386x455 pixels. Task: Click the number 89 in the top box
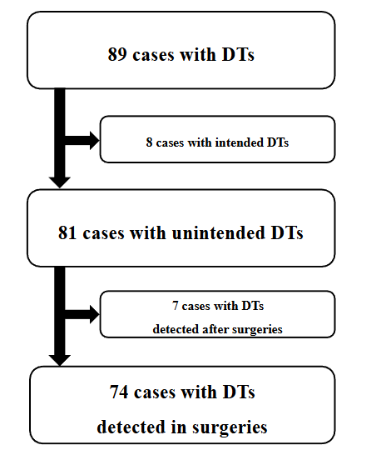(x=117, y=55)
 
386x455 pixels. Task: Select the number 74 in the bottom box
(x=119, y=392)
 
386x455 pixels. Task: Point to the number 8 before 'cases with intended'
(x=149, y=142)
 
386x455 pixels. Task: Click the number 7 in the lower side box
(x=176, y=306)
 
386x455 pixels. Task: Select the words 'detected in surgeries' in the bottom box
(x=181, y=427)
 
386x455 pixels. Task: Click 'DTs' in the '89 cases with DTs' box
(x=237, y=55)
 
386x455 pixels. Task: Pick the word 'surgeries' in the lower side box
(x=258, y=329)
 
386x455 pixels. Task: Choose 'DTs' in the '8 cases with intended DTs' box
(x=277, y=142)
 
